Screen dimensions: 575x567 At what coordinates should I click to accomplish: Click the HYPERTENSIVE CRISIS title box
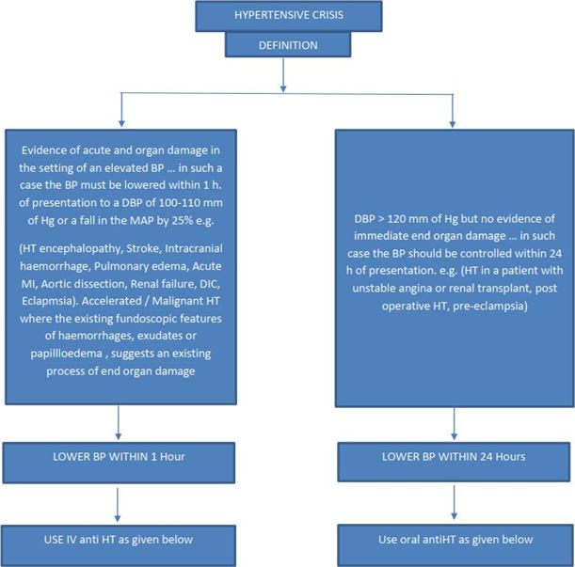pos(289,16)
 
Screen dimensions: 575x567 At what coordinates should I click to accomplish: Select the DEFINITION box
pos(288,45)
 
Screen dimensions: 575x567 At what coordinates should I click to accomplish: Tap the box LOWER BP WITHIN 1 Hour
pos(119,463)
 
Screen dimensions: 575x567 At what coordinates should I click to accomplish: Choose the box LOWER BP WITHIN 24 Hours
pos(454,462)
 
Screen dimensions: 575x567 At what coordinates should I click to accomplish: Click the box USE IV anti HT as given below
pos(118,545)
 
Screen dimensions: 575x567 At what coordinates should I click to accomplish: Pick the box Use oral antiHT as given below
pos(455,545)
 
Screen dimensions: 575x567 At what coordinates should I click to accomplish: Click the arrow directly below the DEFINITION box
pos(283,75)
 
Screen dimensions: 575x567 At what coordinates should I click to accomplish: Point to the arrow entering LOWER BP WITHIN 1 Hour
pos(118,422)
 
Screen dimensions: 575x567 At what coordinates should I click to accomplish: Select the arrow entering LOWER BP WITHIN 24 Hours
pos(454,424)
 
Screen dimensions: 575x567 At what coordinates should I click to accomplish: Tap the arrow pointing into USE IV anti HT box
pos(118,505)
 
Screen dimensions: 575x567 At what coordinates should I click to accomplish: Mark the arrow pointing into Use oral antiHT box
pos(454,502)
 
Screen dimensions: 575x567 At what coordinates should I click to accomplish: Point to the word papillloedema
pos(67,354)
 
